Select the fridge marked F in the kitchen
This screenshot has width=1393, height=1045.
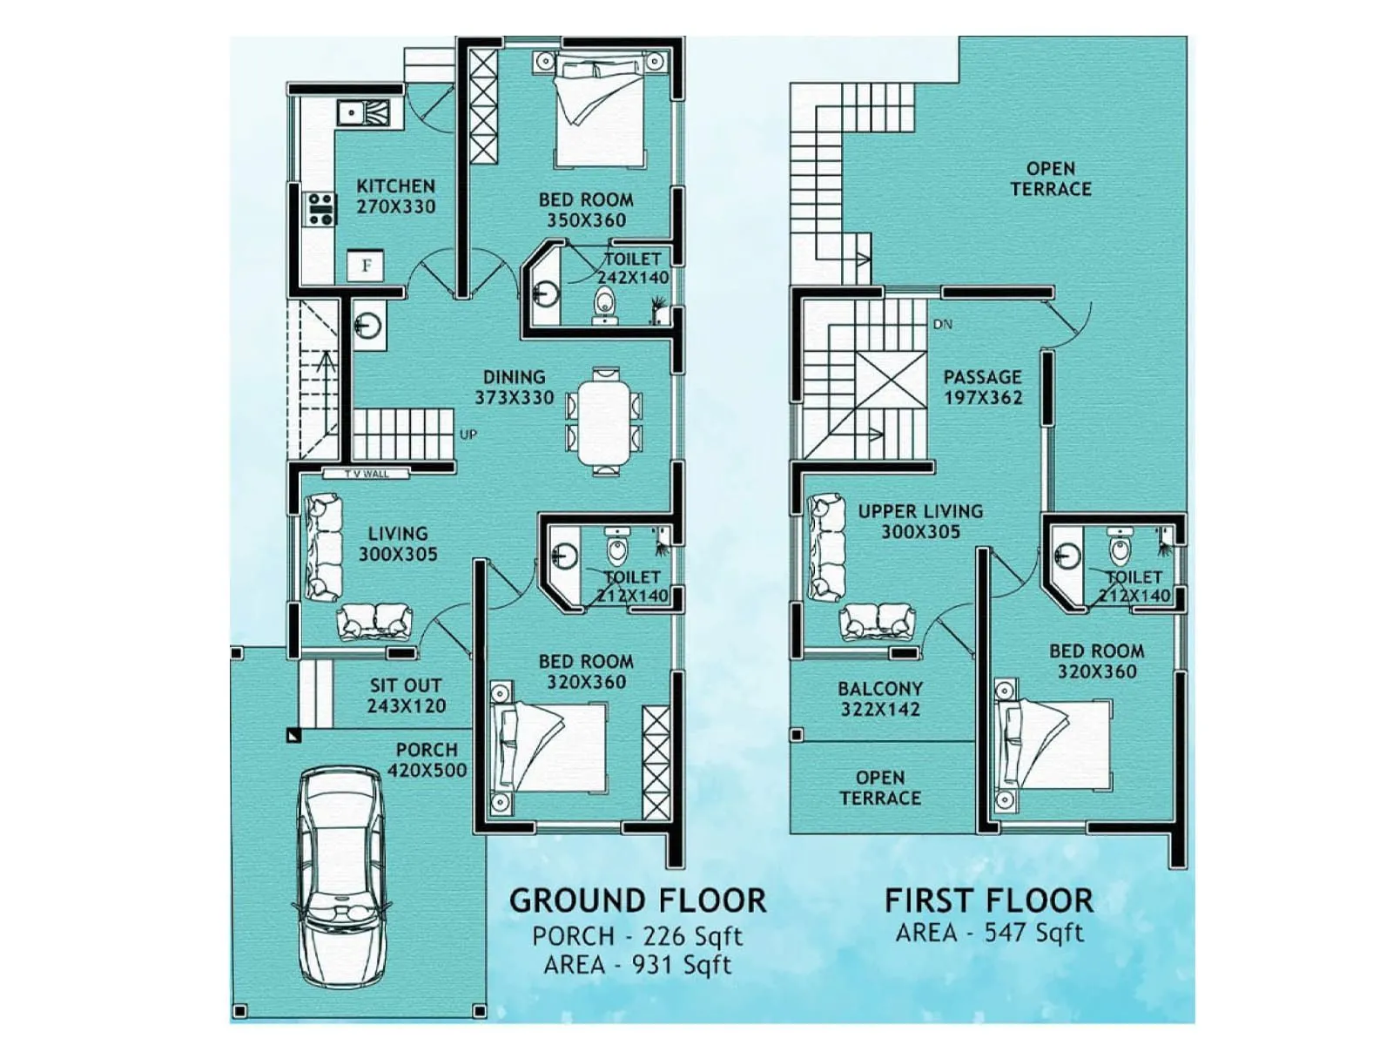click(x=366, y=266)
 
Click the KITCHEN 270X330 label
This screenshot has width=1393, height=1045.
click(x=395, y=196)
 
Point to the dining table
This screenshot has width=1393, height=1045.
click(x=605, y=421)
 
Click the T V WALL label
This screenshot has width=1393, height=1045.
click(x=366, y=474)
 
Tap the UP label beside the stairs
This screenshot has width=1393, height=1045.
click(x=468, y=435)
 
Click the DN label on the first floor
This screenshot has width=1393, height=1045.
click(x=943, y=324)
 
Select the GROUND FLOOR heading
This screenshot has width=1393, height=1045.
click(x=637, y=900)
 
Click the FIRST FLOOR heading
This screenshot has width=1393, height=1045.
click(x=989, y=900)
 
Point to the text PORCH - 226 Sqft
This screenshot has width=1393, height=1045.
click(x=637, y=936)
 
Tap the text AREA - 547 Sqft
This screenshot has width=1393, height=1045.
click(x=989, y=933)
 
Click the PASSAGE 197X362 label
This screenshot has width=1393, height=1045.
click(x=983, y=388)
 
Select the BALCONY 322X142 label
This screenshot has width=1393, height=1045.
click(x=880, y=698)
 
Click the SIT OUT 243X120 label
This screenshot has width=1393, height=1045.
click(x=406, y=696)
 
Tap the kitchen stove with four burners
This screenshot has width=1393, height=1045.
click(x=320, y=209)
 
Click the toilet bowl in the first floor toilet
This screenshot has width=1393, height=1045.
click(x=1120, y=549)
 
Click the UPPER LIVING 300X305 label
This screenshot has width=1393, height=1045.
click(x=920, y=522)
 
